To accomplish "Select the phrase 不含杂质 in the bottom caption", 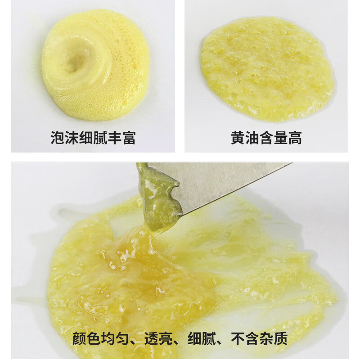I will tap(259, 338).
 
